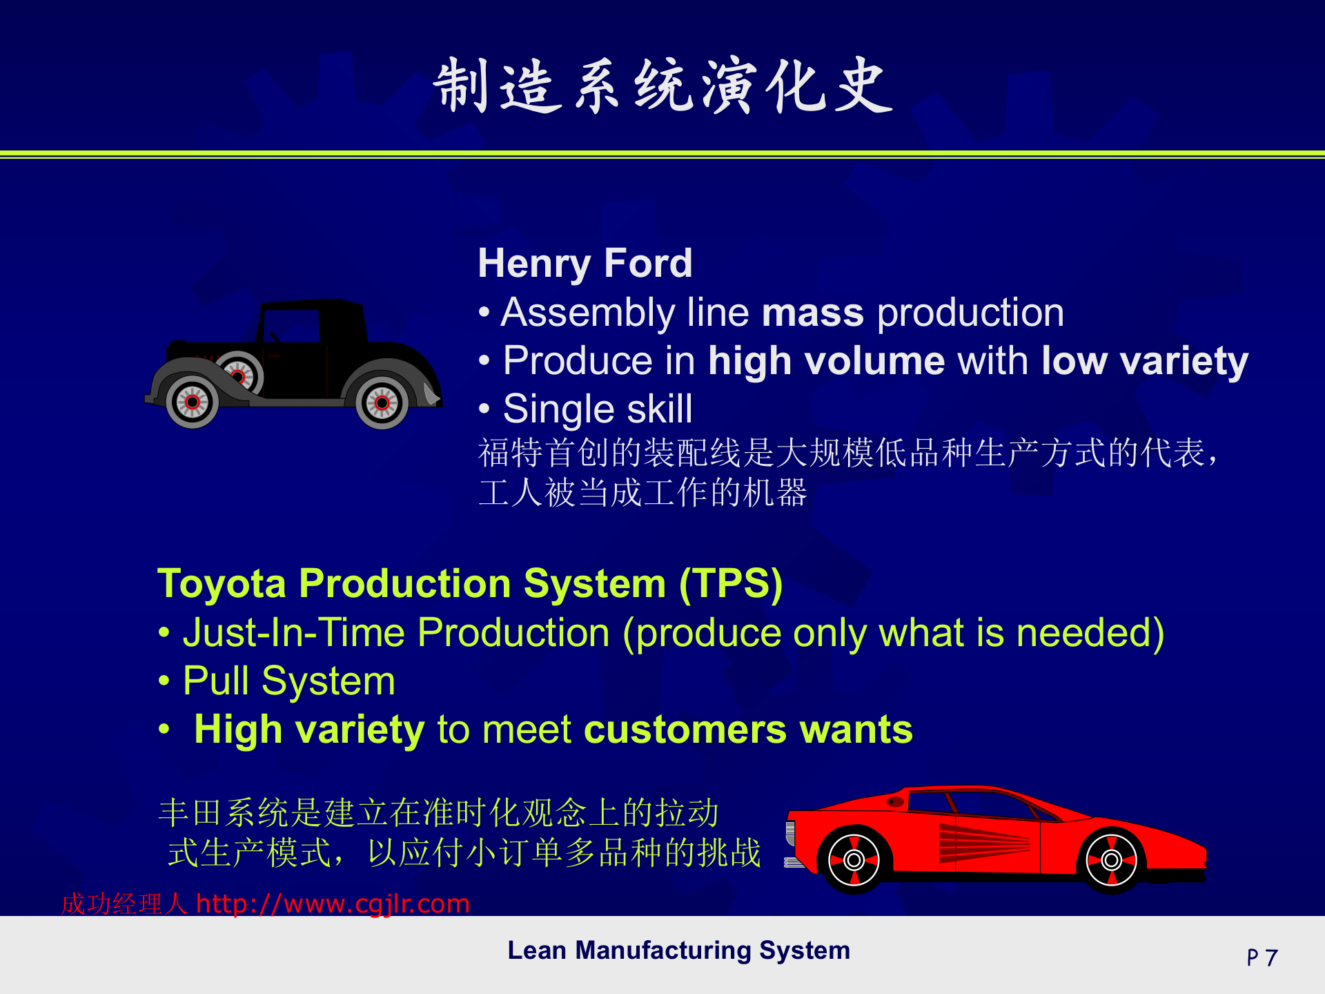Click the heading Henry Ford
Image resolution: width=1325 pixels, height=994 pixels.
click(x=585, y=263)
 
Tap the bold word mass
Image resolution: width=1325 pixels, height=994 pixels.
click(x=813, y=313)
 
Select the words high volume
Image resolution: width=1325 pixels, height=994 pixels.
click(x=827, y=361)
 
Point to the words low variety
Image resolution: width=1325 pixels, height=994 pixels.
click(x=1146, y=362)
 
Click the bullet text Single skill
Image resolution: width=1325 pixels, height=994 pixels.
click(x=598, y=409)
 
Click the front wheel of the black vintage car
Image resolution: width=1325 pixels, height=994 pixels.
click(x=193, y=402)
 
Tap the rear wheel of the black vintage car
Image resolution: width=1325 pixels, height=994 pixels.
click(x=382, y=403)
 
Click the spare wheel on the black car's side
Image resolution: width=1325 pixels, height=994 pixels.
click(x=239, y=374)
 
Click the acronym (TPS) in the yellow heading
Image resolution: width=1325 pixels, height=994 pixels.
click(x=731, y=584)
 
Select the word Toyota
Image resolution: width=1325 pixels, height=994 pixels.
click(x=222, y=584)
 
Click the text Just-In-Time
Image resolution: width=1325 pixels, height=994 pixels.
click(x=294, y=632)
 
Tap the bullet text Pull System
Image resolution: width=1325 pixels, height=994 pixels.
click(x=289, y=681)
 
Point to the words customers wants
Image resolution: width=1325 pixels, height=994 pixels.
click(x=748, y=730)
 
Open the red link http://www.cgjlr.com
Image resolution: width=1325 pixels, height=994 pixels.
click(x=333, y=904)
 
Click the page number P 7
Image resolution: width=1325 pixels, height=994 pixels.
click(x=1262, y=958)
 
